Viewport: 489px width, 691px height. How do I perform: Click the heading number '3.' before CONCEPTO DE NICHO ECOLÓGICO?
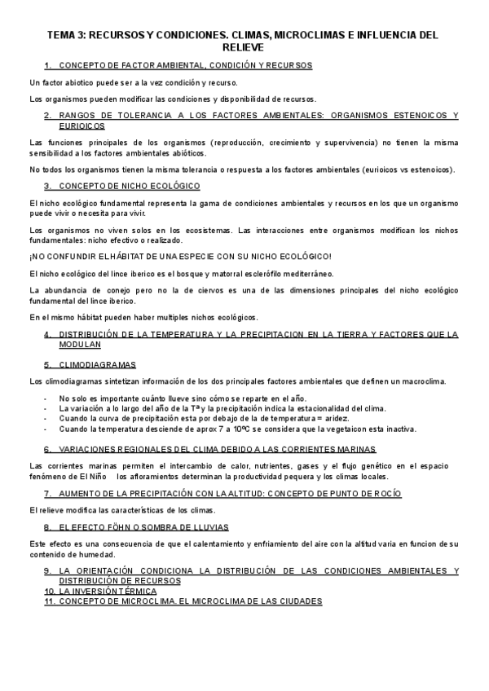48,186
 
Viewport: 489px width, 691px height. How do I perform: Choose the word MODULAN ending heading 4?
81,344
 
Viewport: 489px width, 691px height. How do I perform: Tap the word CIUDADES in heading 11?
296,601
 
